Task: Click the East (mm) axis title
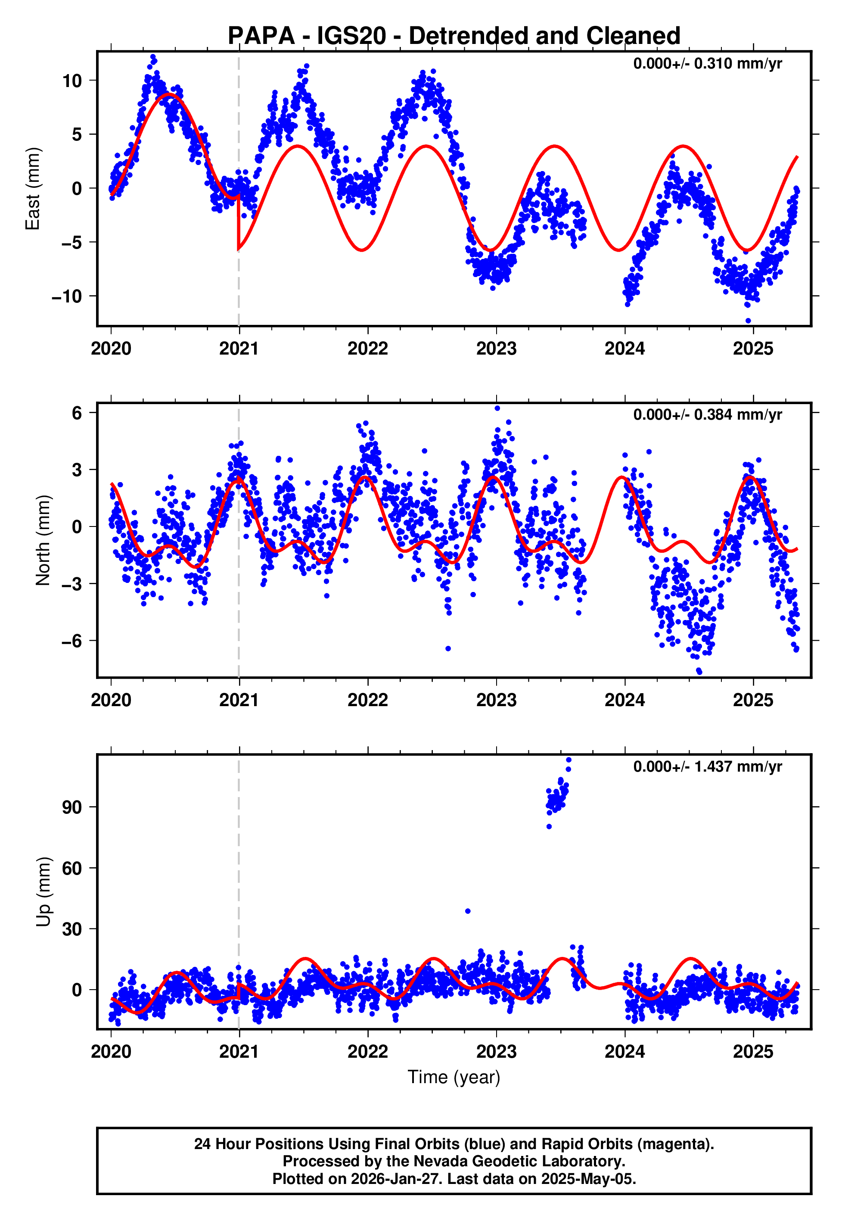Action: [33, 189]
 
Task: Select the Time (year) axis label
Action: [454, 1077]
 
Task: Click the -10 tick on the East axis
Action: [67, 296]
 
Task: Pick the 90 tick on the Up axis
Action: [72, 807]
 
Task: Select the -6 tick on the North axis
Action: [72, 641]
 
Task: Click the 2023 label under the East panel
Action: [496, 349]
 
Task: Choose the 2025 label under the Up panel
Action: [753, 1051]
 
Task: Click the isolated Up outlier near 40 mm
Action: [467, 911]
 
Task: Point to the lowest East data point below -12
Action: [748, 321]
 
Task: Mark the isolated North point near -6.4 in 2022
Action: [448, 648]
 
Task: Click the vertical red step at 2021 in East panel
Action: [238, 222]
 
